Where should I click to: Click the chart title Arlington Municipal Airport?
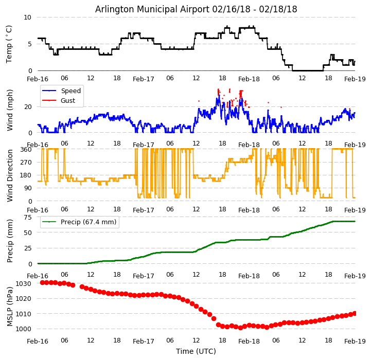pyautogui.click(x=196, y=9)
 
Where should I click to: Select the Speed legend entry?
pyautogui.click(x=70, y=91)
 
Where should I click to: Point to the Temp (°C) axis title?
pyautogui.click(x=9, y=44)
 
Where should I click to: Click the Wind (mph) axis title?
pyautogui.click(x=10, y=110)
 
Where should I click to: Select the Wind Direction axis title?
pyautogui.click(x=10, y=175)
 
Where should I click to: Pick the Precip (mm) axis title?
pyautogui.click(x=10, y=241)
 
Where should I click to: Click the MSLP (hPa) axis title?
pyautogui.click(x=10, y=306)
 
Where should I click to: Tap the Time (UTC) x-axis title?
pyautogui.click(x=196, y=351)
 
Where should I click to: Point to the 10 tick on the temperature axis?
pyautogui.click(x=27, y=17)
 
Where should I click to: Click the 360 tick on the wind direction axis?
pyautogui.click(x=26, y=149)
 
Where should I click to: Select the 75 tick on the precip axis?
pyautogui.click(x=27, y=218)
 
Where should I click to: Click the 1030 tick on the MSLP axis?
pyautogui.click(x=24, y=283)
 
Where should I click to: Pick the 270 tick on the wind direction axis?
pyautogui.click(x=26, y=163)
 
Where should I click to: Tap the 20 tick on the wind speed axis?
pyautogui.click(x=27, y=107)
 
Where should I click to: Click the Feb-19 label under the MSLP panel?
pyautogui.click(x=355, y=341)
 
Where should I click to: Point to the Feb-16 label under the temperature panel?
pyautogui.click(x=38, y=80)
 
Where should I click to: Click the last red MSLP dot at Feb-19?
pyautogui.click(x=355, y=313)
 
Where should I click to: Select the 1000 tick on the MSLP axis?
pyautogui.click(x=24, y=329)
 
